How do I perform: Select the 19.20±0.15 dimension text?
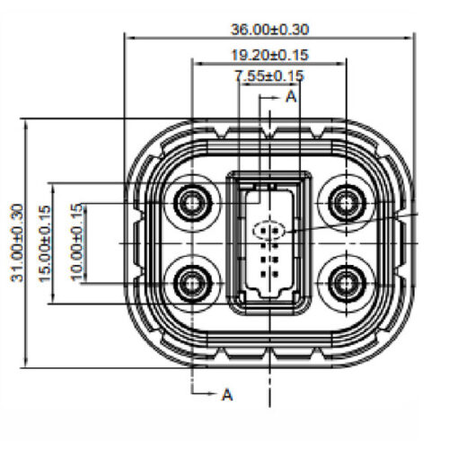pyautogui.click(x=269, y=54)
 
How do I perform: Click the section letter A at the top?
pyautogui.click(x=291, y=96)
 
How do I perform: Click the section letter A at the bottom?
pyautogui.click(x=227, y=394)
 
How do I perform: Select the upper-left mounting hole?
pyautogui.click(x=192, y=202)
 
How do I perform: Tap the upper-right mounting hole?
pyautogui.click(x=345, y=202)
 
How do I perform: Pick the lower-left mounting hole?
pyautogui.click(x=192, y=284)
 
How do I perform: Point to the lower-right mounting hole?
pyautogui.click(x=345, y=284)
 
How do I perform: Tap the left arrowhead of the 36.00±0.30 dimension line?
pyautogui.click(x=128, y=39)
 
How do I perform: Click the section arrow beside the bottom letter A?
pyautogui.click(x=211, y=394)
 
